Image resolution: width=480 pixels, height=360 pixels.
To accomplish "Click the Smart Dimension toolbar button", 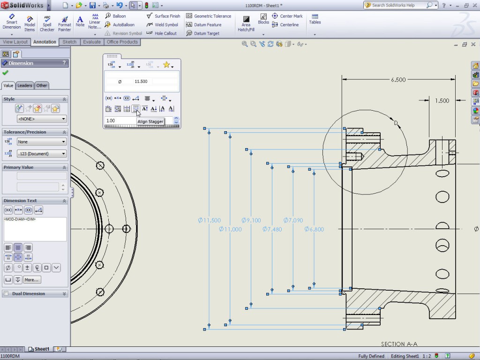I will coord(11,22).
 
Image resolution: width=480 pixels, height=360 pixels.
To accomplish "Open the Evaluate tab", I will coord(92,42).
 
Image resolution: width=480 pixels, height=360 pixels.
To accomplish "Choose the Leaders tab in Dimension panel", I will coord(25,85).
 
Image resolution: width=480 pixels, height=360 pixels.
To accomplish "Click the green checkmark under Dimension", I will coord(5,73).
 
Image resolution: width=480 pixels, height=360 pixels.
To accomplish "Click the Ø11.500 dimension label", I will coord(209,220).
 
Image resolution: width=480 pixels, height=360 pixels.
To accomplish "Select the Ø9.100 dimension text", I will coord(252,220).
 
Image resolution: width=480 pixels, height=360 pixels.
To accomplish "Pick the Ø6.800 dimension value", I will coord(314,229).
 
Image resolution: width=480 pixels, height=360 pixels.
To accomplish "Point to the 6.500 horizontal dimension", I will coord(398,80).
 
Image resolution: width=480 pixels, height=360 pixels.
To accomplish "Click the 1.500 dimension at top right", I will coord(442,100).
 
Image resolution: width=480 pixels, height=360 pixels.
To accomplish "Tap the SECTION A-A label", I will coord(399,344).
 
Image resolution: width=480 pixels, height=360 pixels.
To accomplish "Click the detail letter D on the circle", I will coord(396,123).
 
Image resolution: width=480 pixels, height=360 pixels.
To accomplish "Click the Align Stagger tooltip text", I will coord(150,121).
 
